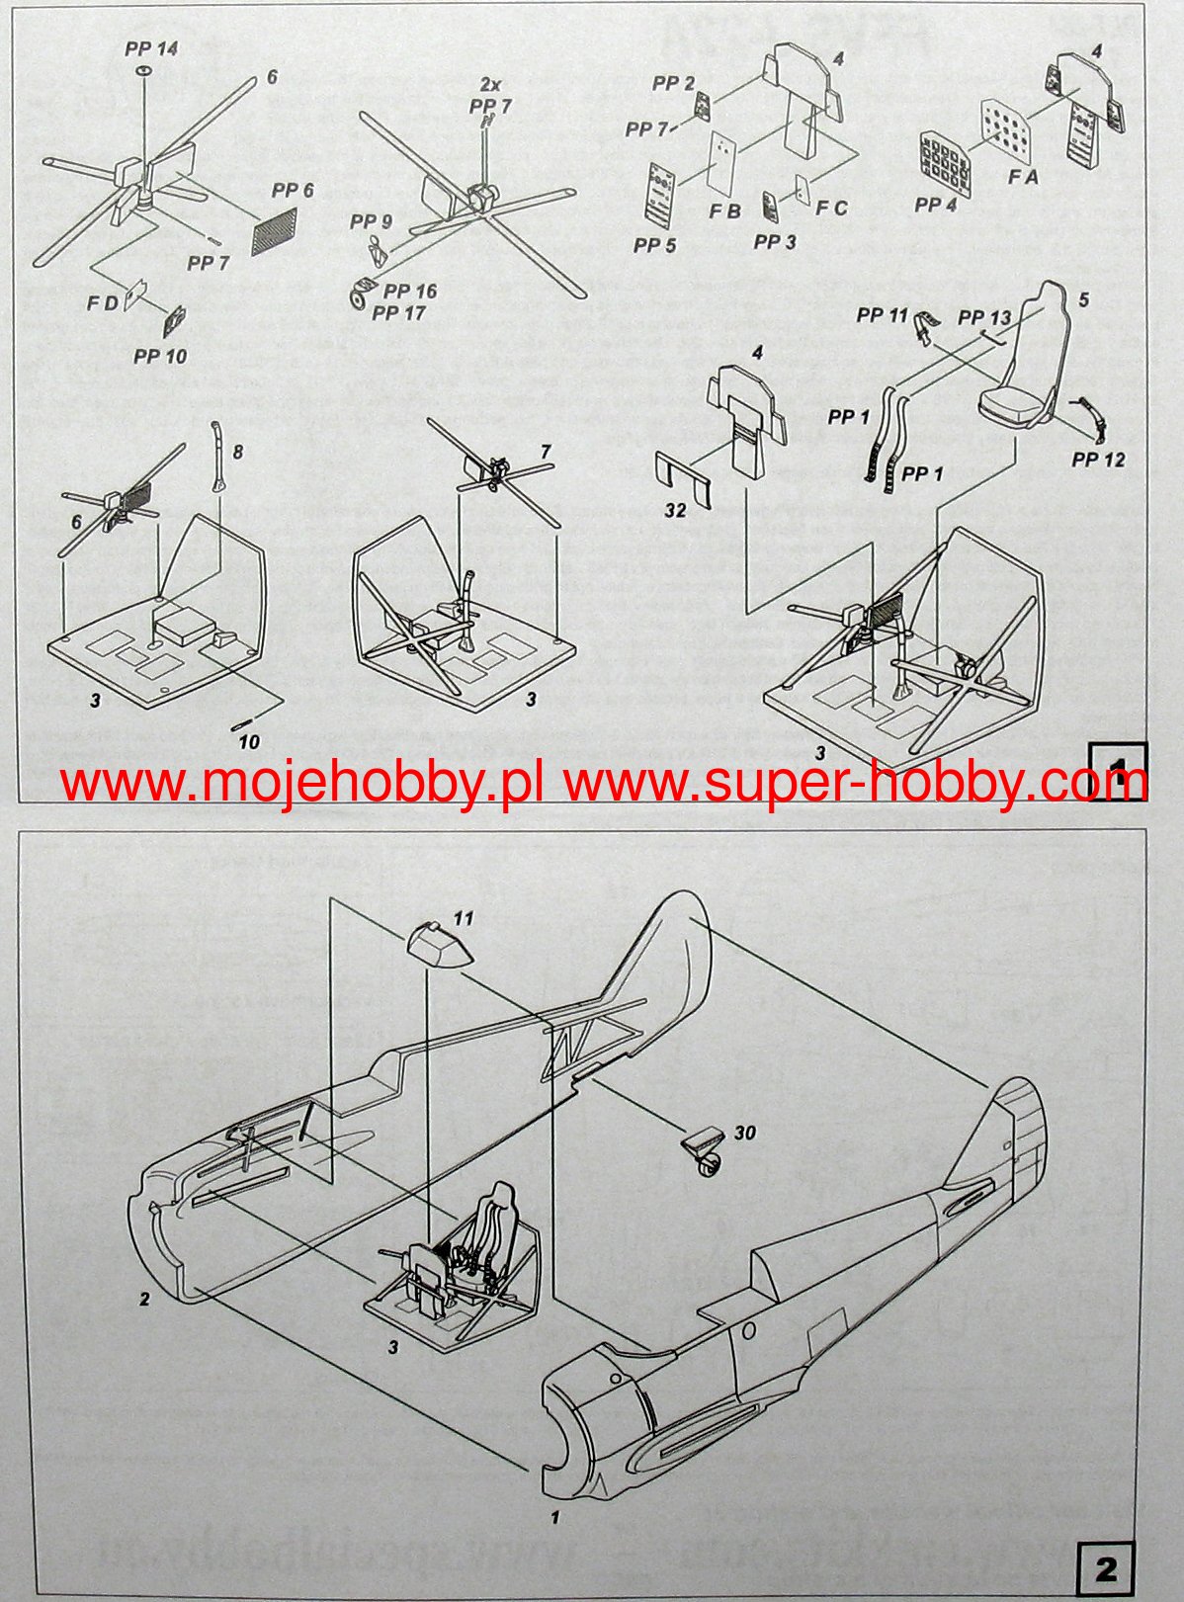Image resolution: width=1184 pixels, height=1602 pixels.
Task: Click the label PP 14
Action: (151, 48)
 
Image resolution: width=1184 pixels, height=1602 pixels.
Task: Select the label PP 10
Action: (160, 355)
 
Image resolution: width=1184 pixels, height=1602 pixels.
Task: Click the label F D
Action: (103, 302)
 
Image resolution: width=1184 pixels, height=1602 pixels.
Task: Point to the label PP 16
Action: (410, 292)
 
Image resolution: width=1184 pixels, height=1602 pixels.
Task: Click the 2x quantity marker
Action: (491, 84)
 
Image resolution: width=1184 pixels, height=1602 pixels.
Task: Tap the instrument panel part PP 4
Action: (944, 158)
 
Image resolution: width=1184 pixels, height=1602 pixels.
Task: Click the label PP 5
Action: (654, 244)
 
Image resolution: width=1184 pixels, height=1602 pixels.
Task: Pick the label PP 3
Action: (775, 241)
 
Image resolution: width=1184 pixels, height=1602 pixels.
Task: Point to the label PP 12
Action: (1098, 460)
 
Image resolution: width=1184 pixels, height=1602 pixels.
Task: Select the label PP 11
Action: (882, 315)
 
